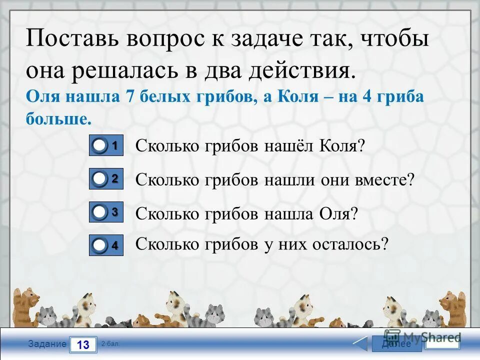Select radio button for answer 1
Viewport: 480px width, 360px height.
click(100, 146)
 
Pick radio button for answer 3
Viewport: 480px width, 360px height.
click(100, 212)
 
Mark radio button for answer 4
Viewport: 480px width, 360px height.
click(100, 245)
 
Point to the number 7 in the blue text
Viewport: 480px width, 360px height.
click(131, 97)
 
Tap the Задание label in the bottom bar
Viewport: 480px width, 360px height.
click(47, 344)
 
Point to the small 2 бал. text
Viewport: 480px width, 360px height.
click(110, 343)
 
